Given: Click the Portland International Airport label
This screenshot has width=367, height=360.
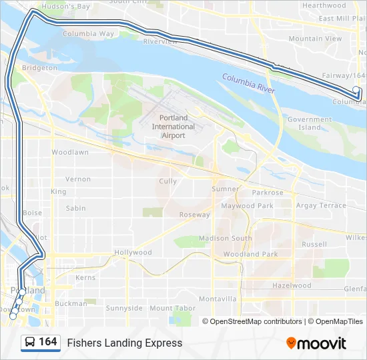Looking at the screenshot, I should click(173, 127).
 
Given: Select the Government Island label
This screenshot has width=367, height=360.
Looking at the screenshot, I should click(309, 123).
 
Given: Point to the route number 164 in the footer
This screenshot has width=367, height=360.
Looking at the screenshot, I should click(48, 342).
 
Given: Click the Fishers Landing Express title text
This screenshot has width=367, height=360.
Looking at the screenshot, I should click(125, 343).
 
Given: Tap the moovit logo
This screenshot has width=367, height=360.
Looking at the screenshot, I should click(316, 343).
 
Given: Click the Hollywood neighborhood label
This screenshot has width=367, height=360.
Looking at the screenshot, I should click(133, 253).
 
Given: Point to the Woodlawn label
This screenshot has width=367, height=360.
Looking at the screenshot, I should click(70, 152).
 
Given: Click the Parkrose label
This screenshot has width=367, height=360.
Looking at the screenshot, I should click(268, 193).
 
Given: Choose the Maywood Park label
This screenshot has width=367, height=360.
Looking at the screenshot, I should click(247, 206).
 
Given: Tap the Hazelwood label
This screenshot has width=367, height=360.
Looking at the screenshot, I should click(292, 285).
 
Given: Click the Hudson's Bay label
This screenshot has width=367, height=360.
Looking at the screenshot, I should click(65, 7).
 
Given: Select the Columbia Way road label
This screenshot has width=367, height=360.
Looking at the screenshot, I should click(88, 33).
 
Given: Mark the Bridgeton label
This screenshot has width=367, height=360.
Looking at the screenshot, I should click(39, 68).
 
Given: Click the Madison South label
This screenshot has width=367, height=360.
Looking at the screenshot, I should click(226, 238).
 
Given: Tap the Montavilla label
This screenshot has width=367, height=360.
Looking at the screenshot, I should click(218, 299).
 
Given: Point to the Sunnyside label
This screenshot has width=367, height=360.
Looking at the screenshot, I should click(124, 308).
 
